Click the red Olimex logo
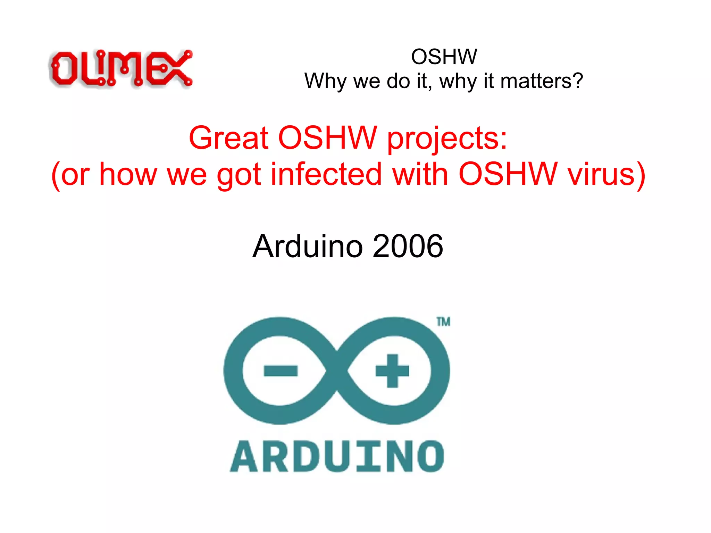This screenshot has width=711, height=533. (121, 68)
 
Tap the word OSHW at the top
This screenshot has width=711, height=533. (444, 57)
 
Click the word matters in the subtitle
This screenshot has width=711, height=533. (536, 81)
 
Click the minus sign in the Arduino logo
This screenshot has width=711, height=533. (281, 370)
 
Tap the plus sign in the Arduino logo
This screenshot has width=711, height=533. (392, 370)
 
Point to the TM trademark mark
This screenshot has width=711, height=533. (443, 322)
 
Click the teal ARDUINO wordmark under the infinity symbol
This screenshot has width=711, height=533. (337, 456)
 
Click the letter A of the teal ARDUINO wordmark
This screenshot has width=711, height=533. (244, 456)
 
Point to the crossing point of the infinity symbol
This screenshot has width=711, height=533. (337, 370)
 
